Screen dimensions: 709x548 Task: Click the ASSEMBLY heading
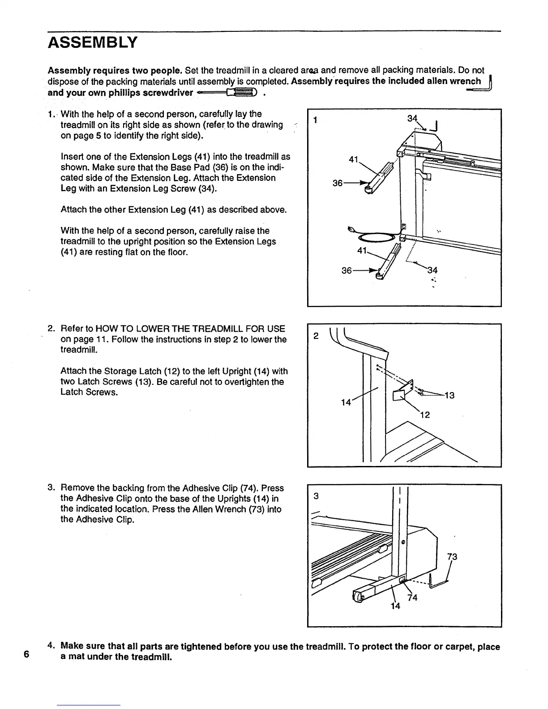coord(93,43)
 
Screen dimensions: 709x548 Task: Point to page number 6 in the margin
coord(26,654)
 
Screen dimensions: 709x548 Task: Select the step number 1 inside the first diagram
coord(316,120)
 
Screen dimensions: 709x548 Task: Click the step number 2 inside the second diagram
coord(316,336)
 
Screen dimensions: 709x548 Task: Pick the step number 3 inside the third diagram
coord(316,496)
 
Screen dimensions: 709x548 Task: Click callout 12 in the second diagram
coord(425,415)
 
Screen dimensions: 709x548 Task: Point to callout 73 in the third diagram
coord(452,557)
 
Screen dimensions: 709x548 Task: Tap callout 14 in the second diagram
coord(346,402)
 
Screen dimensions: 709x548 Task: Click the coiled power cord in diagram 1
coord(376,237)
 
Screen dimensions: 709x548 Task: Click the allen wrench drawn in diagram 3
coord(437,582)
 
